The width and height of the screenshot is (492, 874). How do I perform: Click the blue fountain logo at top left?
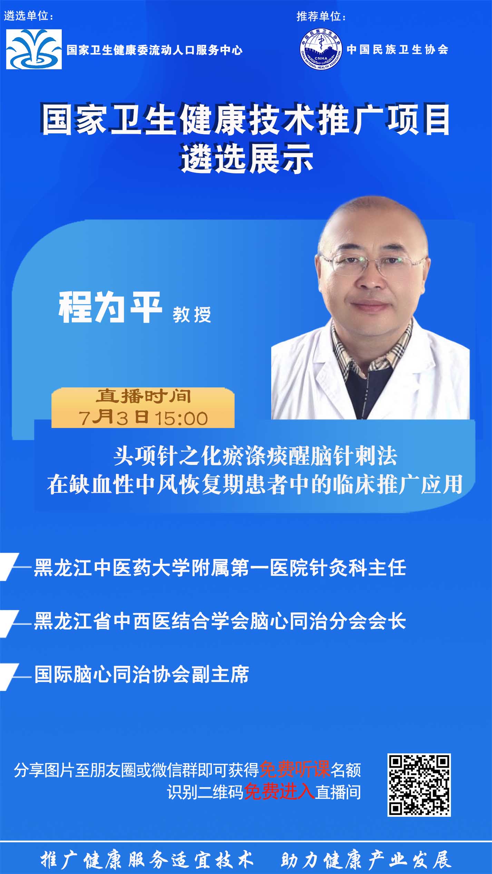click(x=34, y=49)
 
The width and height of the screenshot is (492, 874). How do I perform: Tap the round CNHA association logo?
click(x=321, y=49)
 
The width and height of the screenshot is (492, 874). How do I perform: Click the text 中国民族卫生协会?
click(x=397, y=50)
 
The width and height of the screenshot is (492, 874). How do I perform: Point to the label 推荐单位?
click(x=321, y=16)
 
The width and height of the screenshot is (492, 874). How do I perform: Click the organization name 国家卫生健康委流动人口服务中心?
click(x=155, y=50)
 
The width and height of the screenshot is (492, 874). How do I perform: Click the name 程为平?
click(x=110, y=307)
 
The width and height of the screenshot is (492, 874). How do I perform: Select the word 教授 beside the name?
click(x=192, y=314)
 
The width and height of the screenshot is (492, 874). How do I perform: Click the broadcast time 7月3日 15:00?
click(x=143, y=418)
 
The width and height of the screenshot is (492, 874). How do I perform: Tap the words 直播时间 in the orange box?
click(x=143, y=396)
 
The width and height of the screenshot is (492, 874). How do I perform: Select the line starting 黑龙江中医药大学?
click(x=220, y=568)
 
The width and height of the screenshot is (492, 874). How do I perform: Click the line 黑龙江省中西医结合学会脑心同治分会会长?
click(x=220, y=621)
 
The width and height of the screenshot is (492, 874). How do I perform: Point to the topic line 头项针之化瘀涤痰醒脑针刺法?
click(x=255, y=456)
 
